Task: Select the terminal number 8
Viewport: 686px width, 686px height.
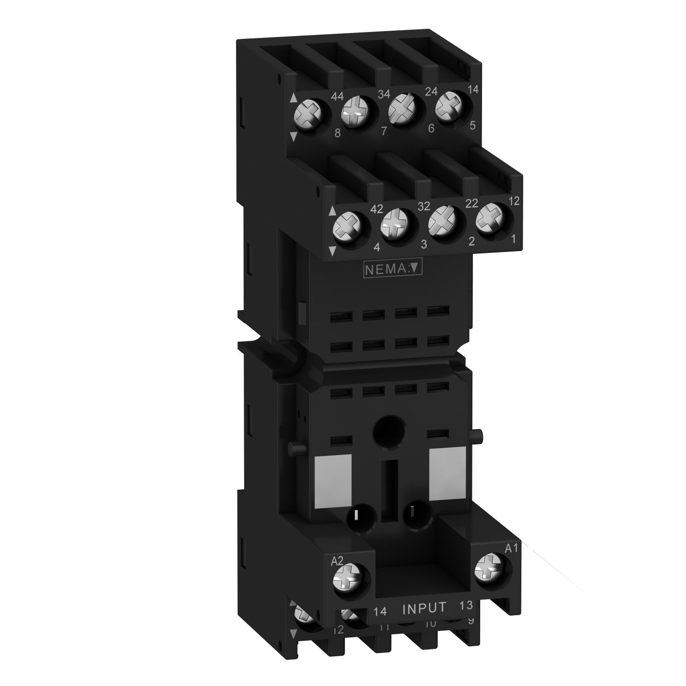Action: (x=338, y=134)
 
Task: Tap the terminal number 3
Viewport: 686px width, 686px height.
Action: (x=423, y=245)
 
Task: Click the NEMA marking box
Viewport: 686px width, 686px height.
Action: (x=391, y=269)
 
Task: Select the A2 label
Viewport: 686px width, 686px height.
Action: (x=337, y=561)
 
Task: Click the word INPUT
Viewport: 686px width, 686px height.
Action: (x=424, y=608)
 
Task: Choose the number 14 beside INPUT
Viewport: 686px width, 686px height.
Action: (x=381, y=611)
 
